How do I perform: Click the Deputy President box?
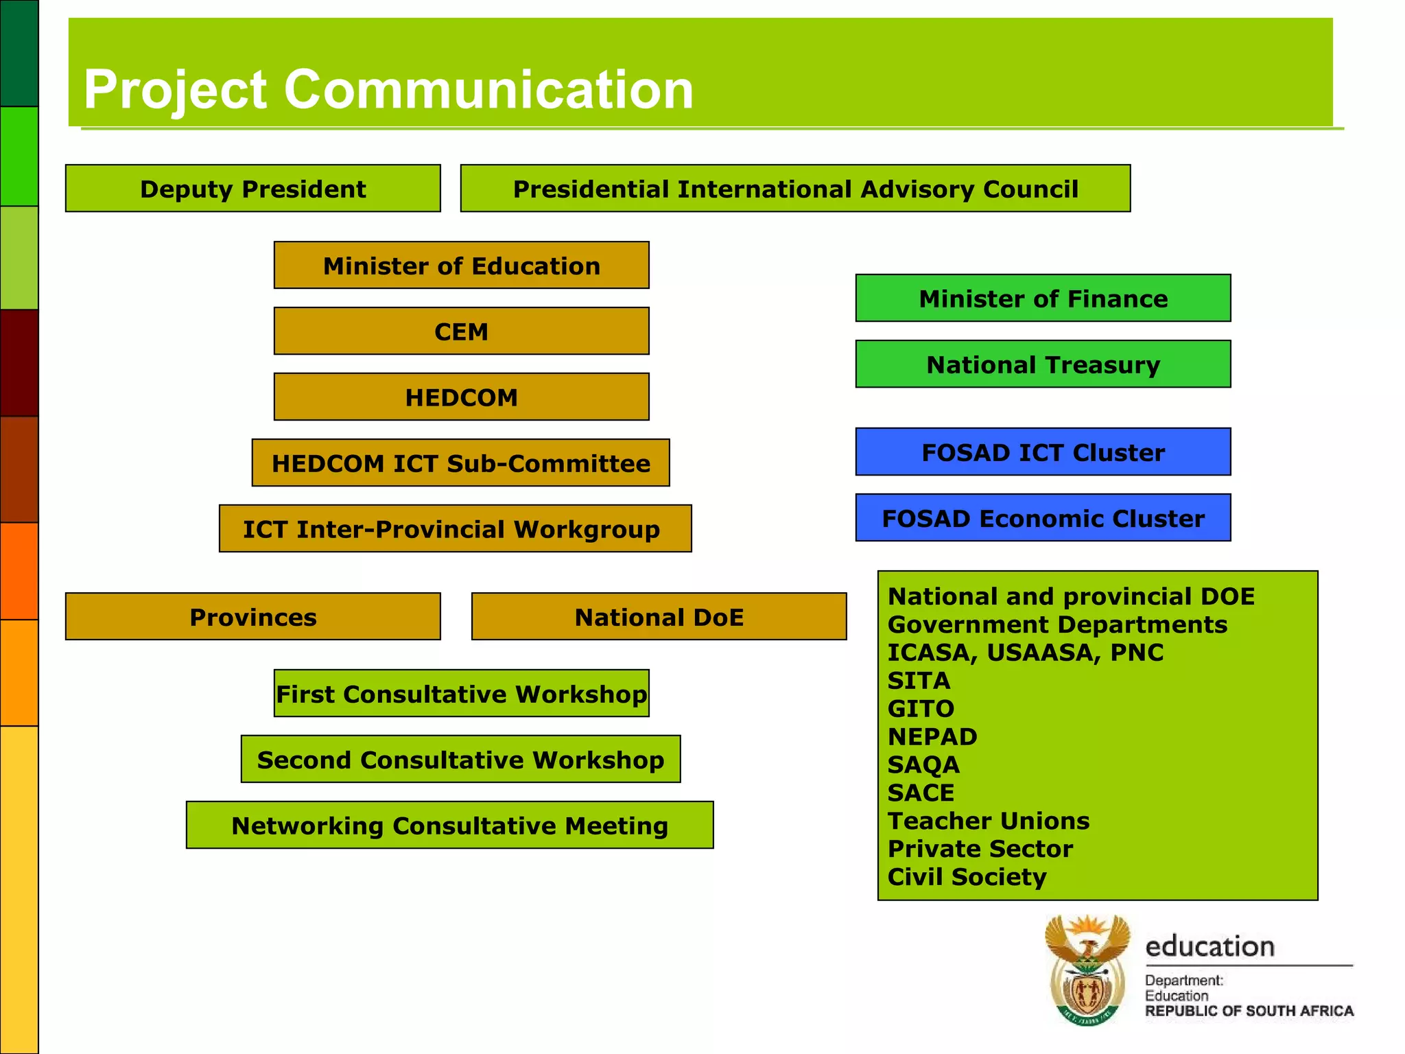(x=252, y=188)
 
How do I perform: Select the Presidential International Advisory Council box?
(x=795, y=188)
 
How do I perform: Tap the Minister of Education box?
(x=461, y=265)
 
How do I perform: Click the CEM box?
(x=461, y=331)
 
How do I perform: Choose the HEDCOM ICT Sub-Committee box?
(x=460, y=462)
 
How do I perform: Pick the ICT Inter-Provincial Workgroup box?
(x=455, y=528)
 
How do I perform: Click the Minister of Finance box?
(x=1043, y=298)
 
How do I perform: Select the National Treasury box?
(x=1043, y=364)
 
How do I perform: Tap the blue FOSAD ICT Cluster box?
(x=1043, y=452)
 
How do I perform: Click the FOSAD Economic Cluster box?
(x=1043, y=517)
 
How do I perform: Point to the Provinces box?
(x=252, y=616)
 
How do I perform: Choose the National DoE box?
(x=659, y=616)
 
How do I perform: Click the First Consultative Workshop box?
(x=461, y=693)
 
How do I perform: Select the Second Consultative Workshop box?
(x=460, y=759)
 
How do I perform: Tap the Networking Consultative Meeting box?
(x=449, y=825)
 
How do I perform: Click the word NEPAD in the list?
(x=932, y=736)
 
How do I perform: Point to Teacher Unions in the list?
(x=988, y=821)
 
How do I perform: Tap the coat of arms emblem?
(x=1087, y=970)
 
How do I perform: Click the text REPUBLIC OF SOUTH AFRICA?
(x=1249, y=1011)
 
